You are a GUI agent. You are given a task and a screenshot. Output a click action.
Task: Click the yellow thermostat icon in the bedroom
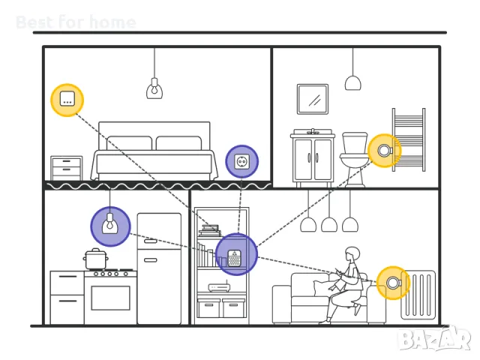tap(67, 100)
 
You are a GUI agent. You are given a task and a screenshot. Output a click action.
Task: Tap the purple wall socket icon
tap(241, 162)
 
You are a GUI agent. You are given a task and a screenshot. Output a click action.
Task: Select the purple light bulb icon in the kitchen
tap(110, 226)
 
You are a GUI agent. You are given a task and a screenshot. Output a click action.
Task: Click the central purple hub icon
tap(235, 254)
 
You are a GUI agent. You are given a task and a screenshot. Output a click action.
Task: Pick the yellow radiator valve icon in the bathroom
tap(384, 151)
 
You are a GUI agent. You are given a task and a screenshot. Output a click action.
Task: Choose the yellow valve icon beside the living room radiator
tap(392, 283)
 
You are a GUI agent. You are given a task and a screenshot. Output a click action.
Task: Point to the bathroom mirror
tap(312, 99)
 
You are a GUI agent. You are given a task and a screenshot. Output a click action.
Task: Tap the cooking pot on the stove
tap(96, 259)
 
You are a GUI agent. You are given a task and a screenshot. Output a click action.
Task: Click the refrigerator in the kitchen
tap(159, 268)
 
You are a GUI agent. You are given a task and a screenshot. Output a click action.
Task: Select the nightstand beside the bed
tap(66, 169)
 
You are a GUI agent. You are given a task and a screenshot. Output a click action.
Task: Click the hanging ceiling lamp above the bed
tap(154, 88)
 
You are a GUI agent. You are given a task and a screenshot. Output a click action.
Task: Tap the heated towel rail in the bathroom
tap(409, 139)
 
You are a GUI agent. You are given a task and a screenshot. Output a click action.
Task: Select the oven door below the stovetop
tap(110, 298)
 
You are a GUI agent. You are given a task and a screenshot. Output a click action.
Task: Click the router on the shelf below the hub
tap(219, 288)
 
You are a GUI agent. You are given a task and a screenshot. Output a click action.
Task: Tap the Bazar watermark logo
tap(434, 340)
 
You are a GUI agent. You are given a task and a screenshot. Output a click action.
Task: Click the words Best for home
tap(76, 22)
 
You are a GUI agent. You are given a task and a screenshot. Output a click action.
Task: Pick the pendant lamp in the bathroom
tap(352, 81)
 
